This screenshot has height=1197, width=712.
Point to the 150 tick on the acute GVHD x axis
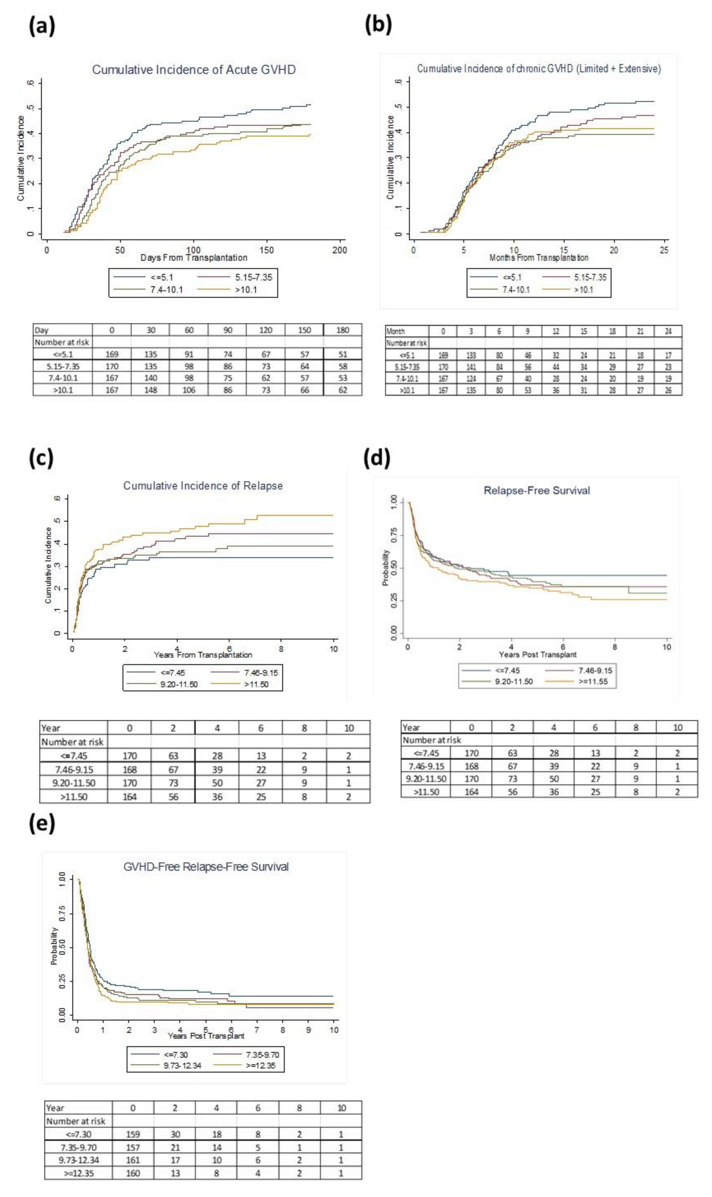[x=266, y=250]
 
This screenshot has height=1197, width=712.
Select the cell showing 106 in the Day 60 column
[x=189, y=390]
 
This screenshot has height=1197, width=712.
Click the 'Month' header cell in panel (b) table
[x=396, y=331]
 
